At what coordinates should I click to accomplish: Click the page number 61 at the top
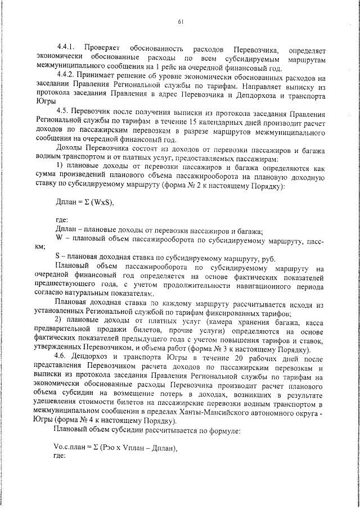181,22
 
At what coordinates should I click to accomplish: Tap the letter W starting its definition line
59,238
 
